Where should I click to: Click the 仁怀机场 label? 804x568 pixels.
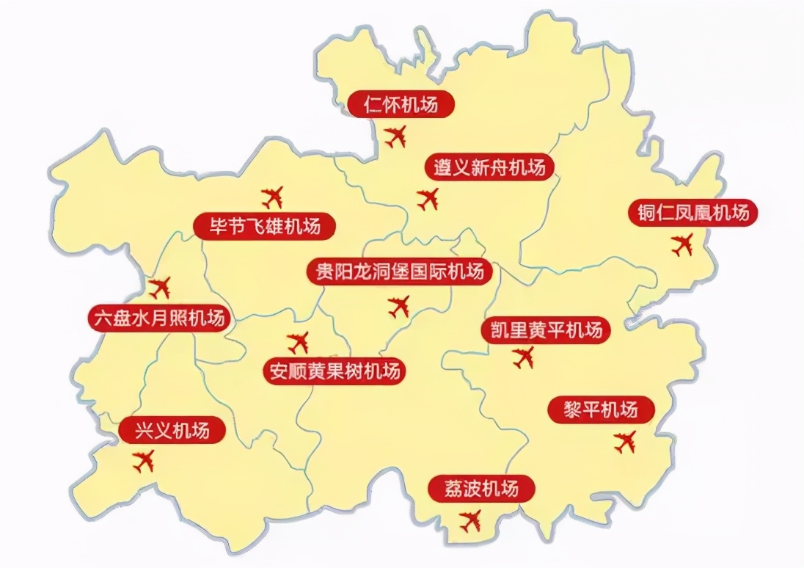tap(401, 105)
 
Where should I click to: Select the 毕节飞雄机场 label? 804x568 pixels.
tap(266, 225)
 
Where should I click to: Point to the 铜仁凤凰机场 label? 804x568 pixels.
tap(692, 214)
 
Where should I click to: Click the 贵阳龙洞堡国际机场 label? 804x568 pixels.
tap(399, 272)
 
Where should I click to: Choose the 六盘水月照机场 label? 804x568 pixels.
tap(158, 318)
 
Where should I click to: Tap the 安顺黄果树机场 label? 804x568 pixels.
tap(335, 371)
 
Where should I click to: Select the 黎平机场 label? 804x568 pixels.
tap(602, 409)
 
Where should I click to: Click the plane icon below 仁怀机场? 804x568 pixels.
tap(395, 136)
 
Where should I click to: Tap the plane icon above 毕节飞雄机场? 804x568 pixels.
tap(273, 197)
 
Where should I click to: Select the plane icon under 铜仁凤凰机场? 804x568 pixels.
tap(682, 244)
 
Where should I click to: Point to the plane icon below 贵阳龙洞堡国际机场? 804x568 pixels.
tap(399, 306)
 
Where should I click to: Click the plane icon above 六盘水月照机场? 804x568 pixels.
tap(158, 288)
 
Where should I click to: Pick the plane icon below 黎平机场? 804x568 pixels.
tap(625, 442)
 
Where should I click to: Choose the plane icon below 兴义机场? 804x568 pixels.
tap(144, 461)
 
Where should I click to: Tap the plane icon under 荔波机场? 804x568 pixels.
tap(470, 520)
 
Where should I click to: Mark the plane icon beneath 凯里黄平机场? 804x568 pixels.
tap(524, 357)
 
